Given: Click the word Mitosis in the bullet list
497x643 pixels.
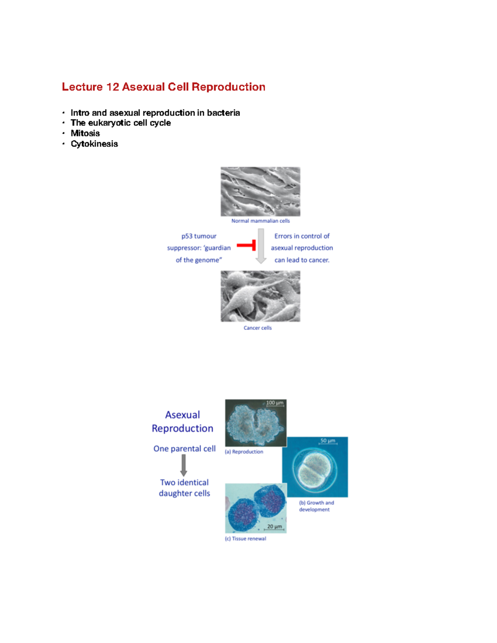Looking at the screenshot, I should tap(85, 133).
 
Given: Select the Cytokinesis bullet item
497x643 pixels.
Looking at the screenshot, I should tap(94, 144).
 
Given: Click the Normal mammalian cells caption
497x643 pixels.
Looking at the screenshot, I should tap(261, 221).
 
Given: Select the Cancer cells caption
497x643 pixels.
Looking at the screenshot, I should tap(258, 328).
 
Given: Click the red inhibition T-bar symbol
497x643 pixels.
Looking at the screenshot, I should tap(247, 246).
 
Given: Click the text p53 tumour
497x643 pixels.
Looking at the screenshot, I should tap(199, 236).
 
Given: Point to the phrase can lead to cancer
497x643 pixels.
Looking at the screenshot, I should tap(302, 260).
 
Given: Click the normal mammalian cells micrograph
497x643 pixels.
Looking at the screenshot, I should tap(261, 191).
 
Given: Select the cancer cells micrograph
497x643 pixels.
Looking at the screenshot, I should tap(261, 296).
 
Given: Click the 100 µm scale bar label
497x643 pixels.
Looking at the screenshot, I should tap(275, 403).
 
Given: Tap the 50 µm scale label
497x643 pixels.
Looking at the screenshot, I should tap(328, 441).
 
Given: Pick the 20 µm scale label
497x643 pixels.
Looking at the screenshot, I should tap(274, 527).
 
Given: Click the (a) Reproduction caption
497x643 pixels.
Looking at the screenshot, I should tap(244, 452).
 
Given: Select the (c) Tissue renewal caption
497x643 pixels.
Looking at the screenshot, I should tap(246, 539).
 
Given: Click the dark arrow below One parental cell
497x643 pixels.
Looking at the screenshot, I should tap(183, 465).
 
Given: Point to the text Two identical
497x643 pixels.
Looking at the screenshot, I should tap(184, 482).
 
